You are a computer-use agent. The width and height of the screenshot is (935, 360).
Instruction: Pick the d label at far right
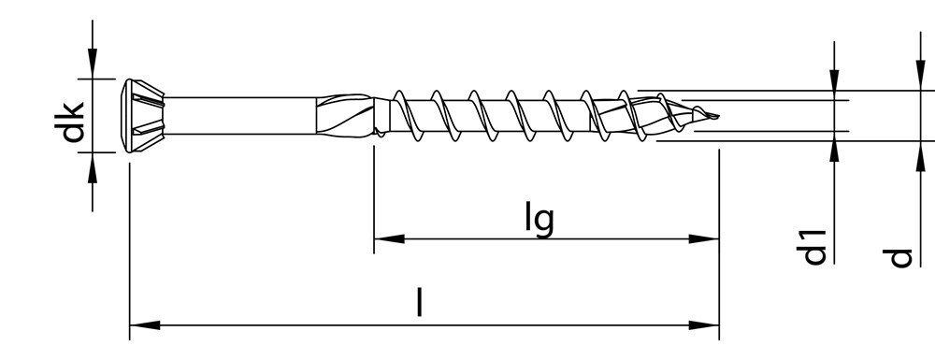pos(900,255)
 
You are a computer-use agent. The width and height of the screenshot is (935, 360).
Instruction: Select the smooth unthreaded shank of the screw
pos(243,114)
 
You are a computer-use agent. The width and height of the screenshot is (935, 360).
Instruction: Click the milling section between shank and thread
pos(351,115)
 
